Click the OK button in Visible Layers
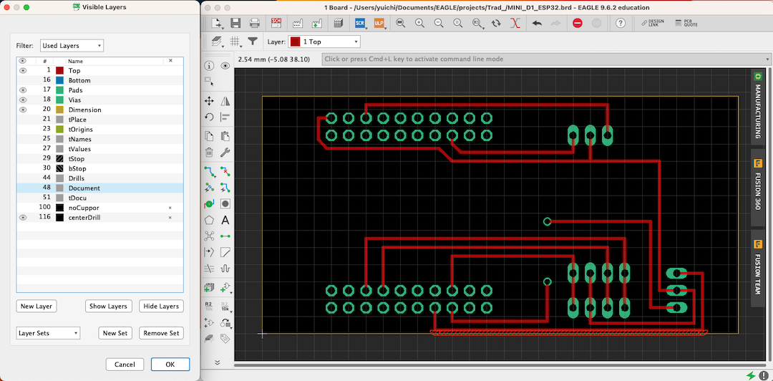click(170, 365)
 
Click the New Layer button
click(37, 307)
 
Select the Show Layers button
click(108, 307)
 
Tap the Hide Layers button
click(161, 307)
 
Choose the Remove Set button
click(161, 333)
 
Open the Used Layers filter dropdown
click(72, 46)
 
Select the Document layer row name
click(84, 188)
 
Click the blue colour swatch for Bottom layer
click(60, 80)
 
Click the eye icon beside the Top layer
click(23, 71)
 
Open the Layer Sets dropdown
click(48, 333)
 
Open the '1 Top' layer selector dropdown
click(325, 42)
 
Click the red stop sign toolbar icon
click(578, 23)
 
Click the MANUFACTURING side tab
click(758, 106)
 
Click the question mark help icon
click(621, 23)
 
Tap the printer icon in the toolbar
click(254, 23)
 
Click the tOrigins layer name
click(81, 130)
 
